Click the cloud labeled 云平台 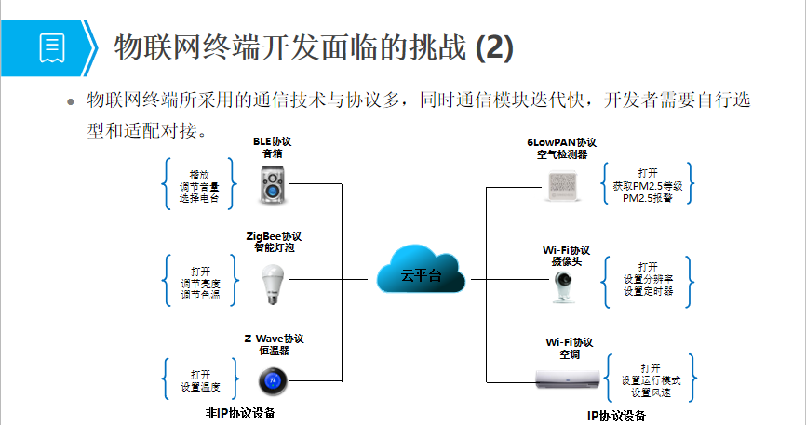(x=421, y=272)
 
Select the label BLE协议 (x=272, y=142)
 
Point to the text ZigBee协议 (x=274, y=236)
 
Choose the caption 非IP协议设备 (x=241, y=413)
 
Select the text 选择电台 (x=199, y=198)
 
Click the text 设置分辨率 (x=648, y=279)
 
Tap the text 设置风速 (x=650, y=393)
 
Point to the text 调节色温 (x=199, y=296)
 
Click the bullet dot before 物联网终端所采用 (x=69, y=100)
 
